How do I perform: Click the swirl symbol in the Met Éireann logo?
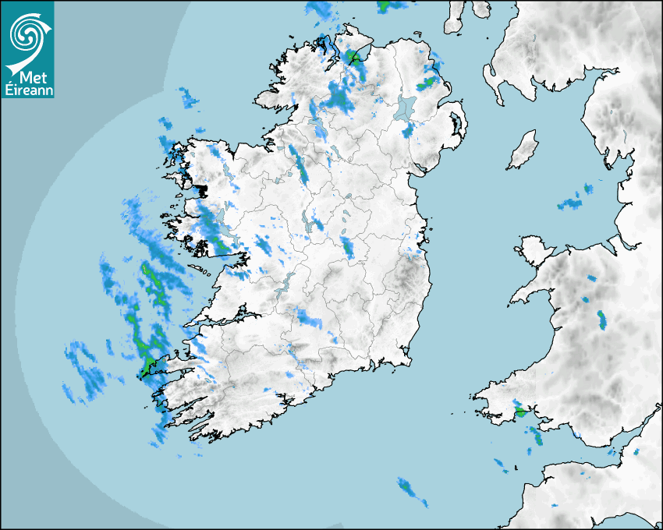[27, 33]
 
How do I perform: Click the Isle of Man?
[523, 150]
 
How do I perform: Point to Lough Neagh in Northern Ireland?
[405, 108]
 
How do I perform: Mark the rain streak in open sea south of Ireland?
[408, 489]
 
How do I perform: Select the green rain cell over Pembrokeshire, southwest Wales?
[519, 410]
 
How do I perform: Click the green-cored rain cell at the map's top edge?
[383, 5]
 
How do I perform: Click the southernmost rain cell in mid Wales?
[601, 320]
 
